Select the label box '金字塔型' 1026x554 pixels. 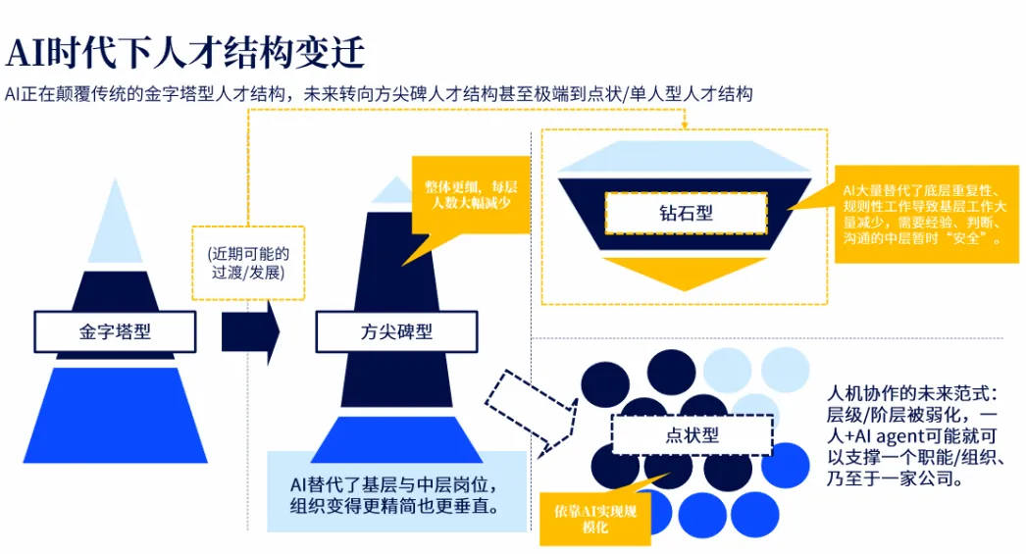click(115, 331)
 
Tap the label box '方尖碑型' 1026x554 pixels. click(395, 331)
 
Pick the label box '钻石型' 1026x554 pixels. click(685, 213)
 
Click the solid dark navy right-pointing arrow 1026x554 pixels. click(250, 332)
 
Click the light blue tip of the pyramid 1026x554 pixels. click(116, 221)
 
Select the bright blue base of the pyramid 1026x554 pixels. click(115, 416)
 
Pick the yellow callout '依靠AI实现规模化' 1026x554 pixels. click(595, 517)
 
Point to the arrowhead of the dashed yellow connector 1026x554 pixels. click(684, 125)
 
